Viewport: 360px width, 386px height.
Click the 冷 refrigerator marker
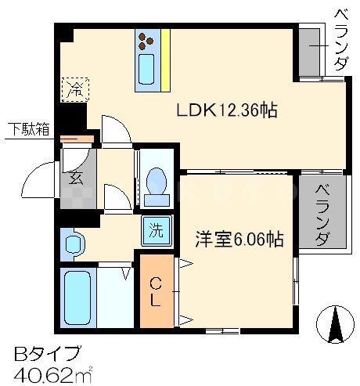pos(75,89)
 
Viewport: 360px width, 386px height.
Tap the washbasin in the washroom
pos(74,246)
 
